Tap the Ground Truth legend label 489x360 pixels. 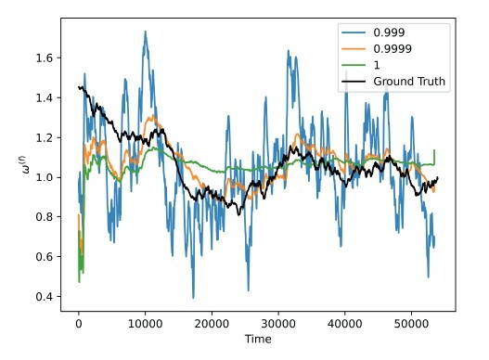(410, 82)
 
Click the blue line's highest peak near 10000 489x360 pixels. (145, 32)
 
